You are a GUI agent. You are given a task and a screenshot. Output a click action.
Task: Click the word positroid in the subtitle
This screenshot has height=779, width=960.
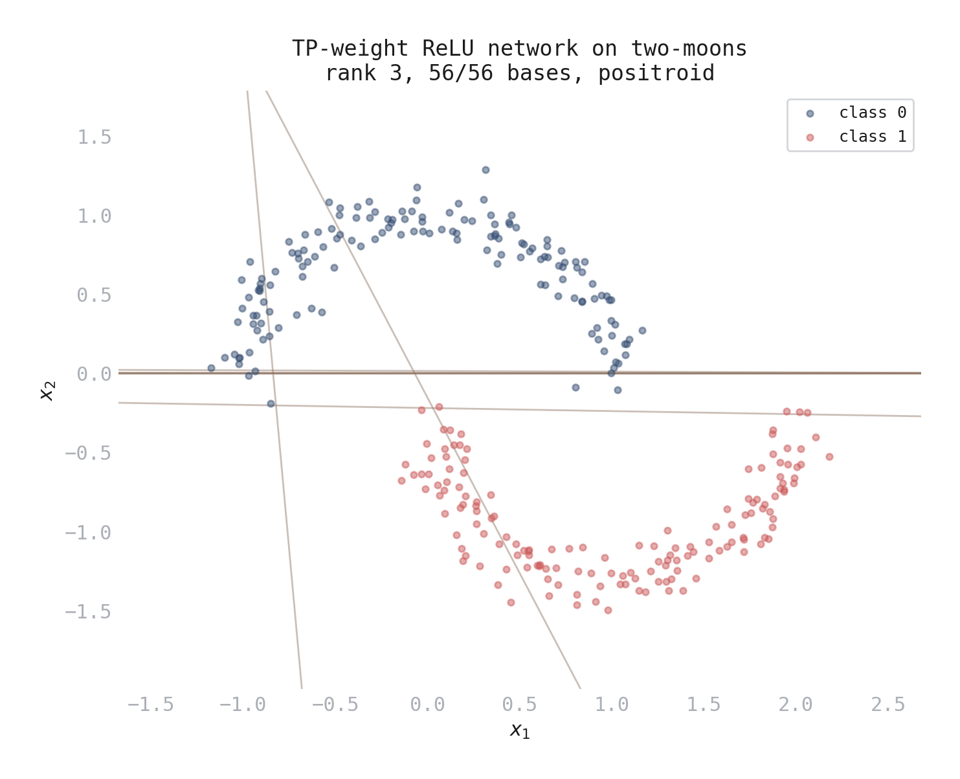[656, 73]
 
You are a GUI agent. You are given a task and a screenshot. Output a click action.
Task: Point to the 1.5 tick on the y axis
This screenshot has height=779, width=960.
[95, 137]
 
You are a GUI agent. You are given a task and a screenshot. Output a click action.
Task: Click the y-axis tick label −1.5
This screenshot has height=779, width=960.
[88, 612]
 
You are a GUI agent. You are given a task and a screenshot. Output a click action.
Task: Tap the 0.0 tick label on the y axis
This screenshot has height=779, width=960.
[95, 374]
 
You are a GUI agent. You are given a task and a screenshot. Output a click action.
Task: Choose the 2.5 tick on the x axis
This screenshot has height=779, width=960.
[888, 705]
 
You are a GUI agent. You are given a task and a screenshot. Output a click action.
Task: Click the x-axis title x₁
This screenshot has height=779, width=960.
[519, 730]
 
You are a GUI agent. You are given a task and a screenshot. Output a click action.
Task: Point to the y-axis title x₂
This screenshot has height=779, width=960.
[49, 390]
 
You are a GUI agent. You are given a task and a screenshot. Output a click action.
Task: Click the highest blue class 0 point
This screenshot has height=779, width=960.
[486, 170]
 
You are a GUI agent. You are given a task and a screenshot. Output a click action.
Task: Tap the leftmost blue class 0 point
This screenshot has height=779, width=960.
[211, 368]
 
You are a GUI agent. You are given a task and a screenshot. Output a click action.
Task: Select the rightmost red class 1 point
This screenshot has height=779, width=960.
[829, 457]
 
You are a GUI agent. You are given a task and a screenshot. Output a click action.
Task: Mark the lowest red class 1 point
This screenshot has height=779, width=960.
[608, 610]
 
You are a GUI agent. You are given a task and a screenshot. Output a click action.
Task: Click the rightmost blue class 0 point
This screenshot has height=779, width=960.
[642, 330]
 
